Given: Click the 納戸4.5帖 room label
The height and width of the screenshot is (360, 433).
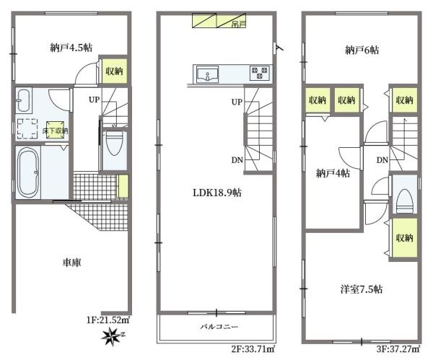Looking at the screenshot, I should click(71, 48).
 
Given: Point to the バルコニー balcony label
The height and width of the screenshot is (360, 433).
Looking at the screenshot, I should click(215, 327).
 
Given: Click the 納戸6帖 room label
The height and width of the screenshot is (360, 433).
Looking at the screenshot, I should click(362, 50).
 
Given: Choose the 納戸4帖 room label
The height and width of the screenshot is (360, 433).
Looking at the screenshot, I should click(333, 173).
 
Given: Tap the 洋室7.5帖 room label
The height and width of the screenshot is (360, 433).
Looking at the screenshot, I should click(362, 289).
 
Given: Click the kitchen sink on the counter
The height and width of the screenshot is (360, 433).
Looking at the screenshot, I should click(206, 73).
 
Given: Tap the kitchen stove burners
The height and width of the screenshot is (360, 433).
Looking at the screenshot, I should click(259, 72).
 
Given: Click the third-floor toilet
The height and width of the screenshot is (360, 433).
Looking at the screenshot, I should click(406, 196).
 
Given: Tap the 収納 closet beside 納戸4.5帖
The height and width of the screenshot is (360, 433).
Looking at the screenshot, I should click(115, 71).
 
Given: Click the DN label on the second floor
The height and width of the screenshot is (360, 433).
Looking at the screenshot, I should click(237, 160).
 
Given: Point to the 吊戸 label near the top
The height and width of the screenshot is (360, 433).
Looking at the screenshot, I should click(237, 23).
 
